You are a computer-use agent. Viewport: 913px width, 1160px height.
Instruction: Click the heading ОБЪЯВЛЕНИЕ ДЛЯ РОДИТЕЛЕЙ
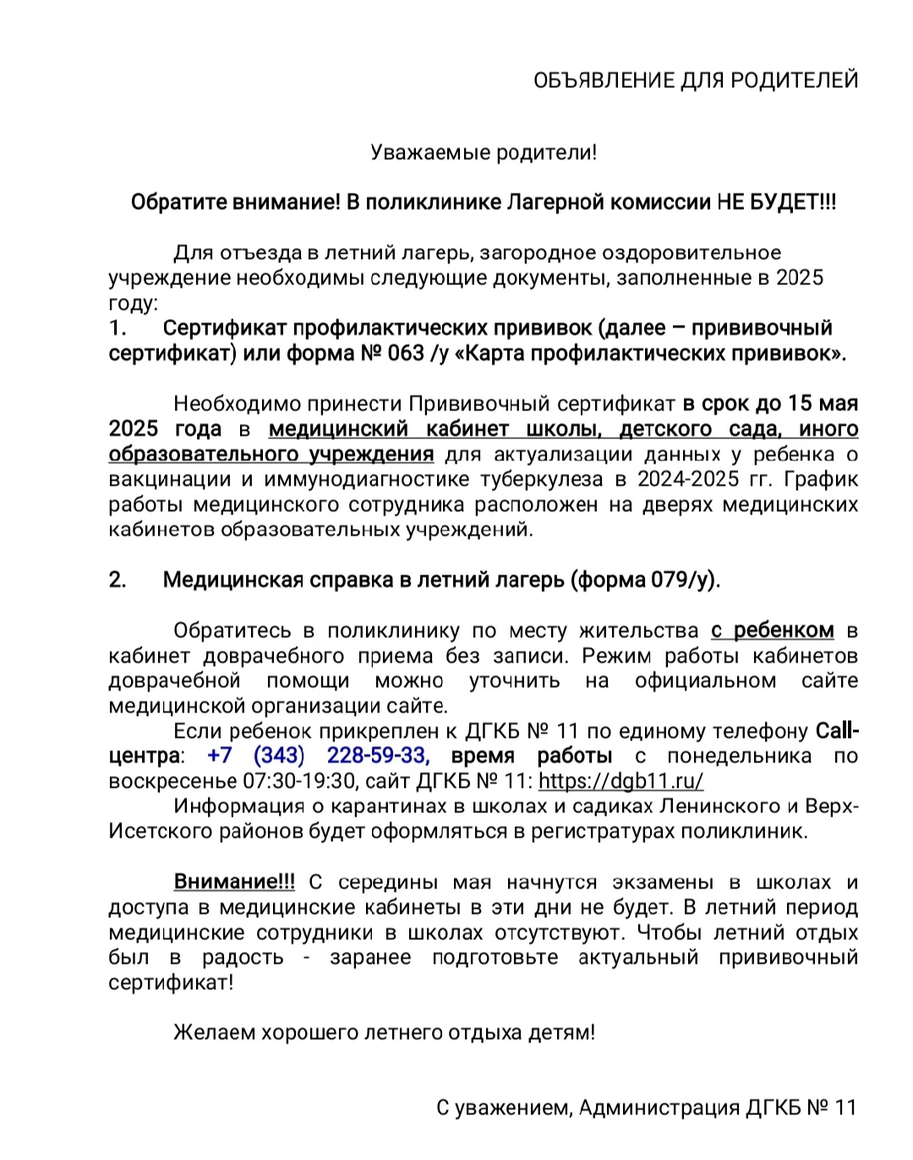click(696, 80)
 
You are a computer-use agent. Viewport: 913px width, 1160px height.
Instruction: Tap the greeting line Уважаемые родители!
click(484, 153)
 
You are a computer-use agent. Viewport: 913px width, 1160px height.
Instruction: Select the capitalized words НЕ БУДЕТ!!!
click(776, 202)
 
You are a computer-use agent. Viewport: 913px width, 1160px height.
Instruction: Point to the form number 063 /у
click(418, 354)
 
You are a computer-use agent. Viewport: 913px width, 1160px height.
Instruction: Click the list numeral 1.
click(118, 328)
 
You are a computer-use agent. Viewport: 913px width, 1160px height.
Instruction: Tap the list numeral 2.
click(118, 580)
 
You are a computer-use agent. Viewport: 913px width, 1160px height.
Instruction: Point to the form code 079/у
click(682, 580)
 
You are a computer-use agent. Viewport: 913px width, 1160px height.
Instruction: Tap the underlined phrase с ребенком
click(772, 631)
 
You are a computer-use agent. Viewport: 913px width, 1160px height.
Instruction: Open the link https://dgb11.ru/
click(621, 782)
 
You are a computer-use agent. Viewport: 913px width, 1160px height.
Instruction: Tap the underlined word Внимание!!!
click(234, 882)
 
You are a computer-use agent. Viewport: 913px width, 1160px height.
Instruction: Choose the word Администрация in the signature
click(658, 1108)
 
